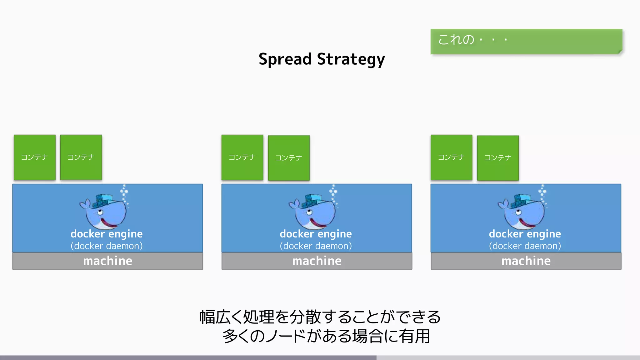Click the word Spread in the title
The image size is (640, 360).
(285, 59)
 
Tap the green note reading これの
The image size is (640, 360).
(526, 41)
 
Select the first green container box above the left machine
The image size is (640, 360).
(35, 157)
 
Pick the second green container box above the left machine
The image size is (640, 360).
(81, 157)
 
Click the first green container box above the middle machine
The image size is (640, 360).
(242, 157)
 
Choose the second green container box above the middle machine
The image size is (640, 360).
(289, 158)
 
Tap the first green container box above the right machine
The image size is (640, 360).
(451, 157)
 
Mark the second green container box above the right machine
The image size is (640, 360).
(498, 158)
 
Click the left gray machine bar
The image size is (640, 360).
(107, 261)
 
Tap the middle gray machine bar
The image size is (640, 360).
(317, 261)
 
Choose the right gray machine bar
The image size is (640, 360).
(526, 261)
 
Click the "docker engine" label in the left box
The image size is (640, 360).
(107, 234)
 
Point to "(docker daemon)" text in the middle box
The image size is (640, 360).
(316, 246)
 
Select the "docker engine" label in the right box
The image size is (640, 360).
(525, 234)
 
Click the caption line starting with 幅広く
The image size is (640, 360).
(320, 317)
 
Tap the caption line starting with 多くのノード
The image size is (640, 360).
(326, 336)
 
